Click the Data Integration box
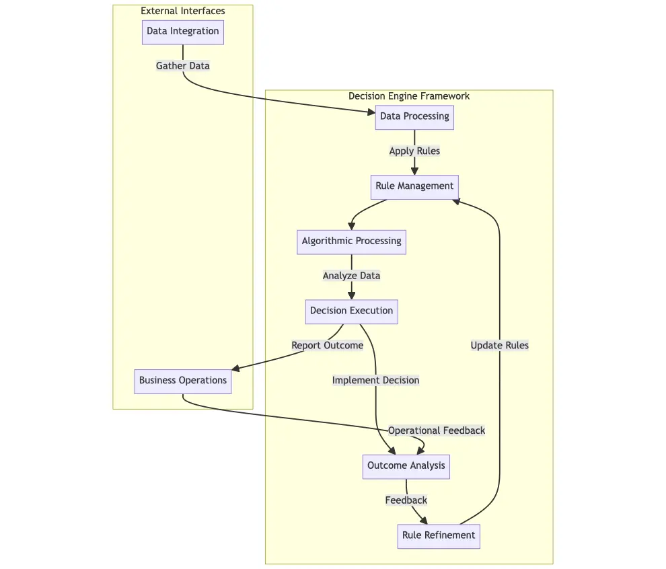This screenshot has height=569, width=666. pyautogui.click(x=183, y=32)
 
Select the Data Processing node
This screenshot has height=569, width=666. pyautogui.click(x=414, y=117)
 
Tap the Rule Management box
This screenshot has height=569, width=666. pyautogui.click(x=414, y=186)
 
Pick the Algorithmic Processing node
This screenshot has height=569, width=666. pyautogui.click(x=351, y=241)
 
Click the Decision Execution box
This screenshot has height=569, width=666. pyautogui.click(x=351, y=311)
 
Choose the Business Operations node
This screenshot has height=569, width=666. pyautogui.click(x=183, y=381)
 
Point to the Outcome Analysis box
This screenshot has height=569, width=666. pyautogui.click(x=406, y=466)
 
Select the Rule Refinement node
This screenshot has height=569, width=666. pyautogui.click(x=439, y=536)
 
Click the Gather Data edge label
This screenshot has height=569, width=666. pyautogui.click(x=183, y=66)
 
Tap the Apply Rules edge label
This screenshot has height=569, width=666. pyautogui.click(x=414, y=151)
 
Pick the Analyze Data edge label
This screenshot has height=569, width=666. pyautogui.click(x=351, y=276)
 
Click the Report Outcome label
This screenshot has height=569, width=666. pyautogui.click(x=328, y=346)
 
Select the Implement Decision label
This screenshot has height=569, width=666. pyautogui.click(x=375, y=381)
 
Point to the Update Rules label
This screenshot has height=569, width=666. pyautogui.click(x=500, y=346)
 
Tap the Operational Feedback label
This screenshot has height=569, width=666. pyautogui.click(x=437, y=430)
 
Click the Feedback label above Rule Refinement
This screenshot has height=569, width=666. pyautogui.click(x=406, y=500)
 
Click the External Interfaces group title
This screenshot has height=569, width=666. pyautogui.click(x=183, y=11)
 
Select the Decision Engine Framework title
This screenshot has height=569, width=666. pyautogui.click(x=409, y=96)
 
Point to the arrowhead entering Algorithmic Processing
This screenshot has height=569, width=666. pyautogui.click(x=351, y=227)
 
